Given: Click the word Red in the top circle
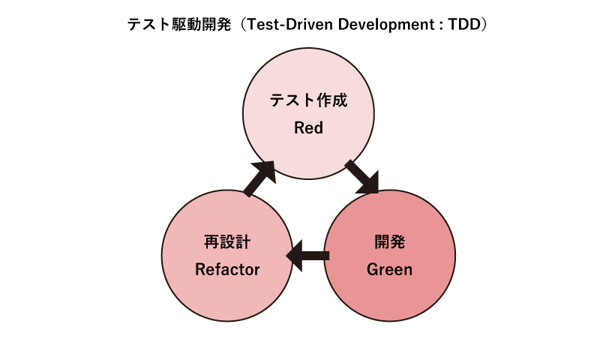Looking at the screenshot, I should (x=308, y=127).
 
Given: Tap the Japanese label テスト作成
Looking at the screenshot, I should (x=308, y=100).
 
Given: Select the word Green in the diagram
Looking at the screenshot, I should (x=389, y=268).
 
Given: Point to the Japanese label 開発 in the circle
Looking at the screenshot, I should (x=389, y=241).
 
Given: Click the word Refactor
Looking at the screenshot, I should (x=227, y=268).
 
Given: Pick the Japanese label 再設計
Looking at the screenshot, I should (x=227, y=241).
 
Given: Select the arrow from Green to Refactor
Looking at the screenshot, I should (x=309, y=255).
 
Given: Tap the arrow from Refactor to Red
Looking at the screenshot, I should (x=260, y=178).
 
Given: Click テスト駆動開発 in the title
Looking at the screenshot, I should (x=173, y=24).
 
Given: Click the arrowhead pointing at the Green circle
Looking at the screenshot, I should (x=370, y=184).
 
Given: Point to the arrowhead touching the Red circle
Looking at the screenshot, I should (x=267, y=169).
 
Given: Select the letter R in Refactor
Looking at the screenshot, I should (x=200, y=268).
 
